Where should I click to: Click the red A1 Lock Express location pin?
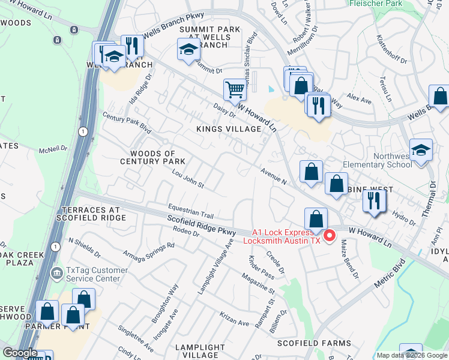(x=330, y=236)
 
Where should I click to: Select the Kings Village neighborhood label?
(x=229, y=129)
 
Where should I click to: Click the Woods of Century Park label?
(x=148, y=158)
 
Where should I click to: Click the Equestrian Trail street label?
(x=191, y=208)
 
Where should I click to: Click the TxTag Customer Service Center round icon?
(x=56, y=274)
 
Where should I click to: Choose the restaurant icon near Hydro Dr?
(x=375, y=200)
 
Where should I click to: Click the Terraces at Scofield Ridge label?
(x=93, y=214)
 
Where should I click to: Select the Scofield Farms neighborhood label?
(x=314, y=343)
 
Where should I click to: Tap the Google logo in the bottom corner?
(x=20, y=353)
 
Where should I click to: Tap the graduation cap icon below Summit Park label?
(x=188, y=50)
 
